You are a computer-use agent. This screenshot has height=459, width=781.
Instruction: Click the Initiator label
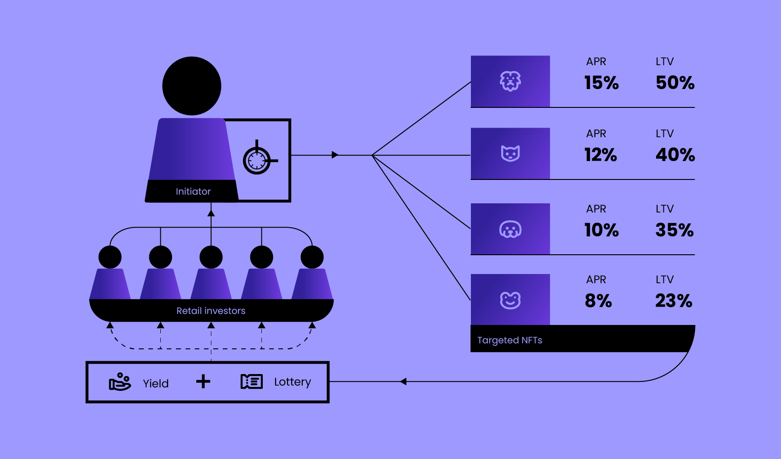(x=193, y=191)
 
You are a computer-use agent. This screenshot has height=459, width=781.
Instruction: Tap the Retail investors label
(x=211, y=311)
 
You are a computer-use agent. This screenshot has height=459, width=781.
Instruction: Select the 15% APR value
(x=601, y=83)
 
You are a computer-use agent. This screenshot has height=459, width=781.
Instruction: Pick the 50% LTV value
(x=675, y=83)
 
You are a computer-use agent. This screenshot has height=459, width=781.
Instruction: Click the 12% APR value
(x=600, y=155)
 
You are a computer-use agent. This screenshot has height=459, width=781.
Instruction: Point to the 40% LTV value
(x=675, y=155)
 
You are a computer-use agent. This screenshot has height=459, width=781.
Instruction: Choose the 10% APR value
(x=601, y=230)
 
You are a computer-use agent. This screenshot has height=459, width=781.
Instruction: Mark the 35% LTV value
(x=674, y=230)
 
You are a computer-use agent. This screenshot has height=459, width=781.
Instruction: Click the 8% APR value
(x=598, y=301)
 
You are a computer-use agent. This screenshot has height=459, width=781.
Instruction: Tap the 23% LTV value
(x=673, y=301)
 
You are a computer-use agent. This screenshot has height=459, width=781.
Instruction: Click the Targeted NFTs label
(x=509, y=340)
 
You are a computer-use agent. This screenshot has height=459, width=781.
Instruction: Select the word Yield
(x=156, y=383)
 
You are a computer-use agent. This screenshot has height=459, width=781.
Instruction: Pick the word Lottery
(x=293, y=382)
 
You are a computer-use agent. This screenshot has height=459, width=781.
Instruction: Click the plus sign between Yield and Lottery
(x=203, y=381)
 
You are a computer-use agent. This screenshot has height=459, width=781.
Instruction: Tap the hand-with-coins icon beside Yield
(x=120, y=381)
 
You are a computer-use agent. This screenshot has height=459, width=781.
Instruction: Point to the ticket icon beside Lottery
(x=252, y=381)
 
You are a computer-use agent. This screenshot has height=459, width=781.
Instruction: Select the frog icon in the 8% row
(x=510, y=300)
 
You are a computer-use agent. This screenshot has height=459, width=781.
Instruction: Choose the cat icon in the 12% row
(x=510, y=153)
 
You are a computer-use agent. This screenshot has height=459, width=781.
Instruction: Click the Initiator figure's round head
(x=192, y=86)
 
